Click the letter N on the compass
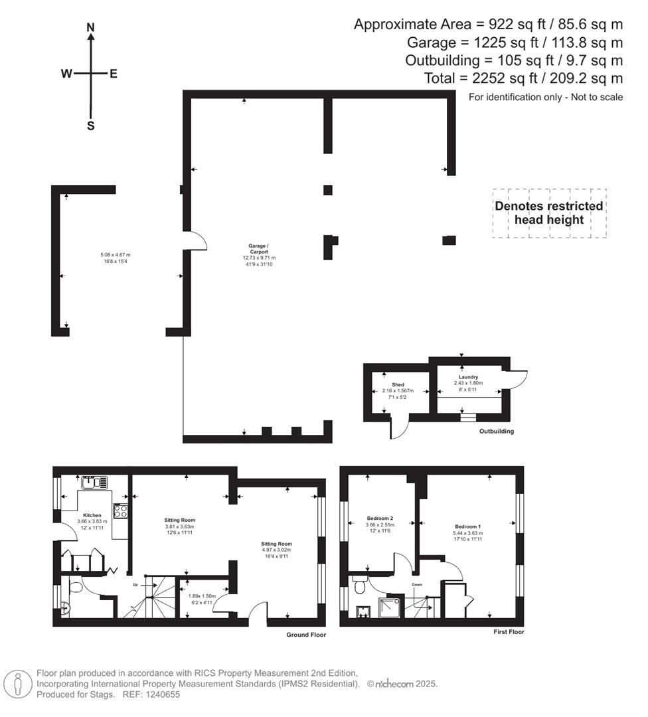[91, 27]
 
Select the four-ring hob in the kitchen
[121, 511]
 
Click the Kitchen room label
[92, 515]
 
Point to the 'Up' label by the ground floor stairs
[135, 585]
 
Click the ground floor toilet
[74, 588]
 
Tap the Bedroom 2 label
[380, 518]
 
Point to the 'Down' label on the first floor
[418, 585]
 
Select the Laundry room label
[468, 377]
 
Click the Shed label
[398, 384]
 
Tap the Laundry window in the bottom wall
[469, 418]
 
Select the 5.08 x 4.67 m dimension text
[116, 255]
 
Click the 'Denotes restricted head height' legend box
[548, 212]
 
